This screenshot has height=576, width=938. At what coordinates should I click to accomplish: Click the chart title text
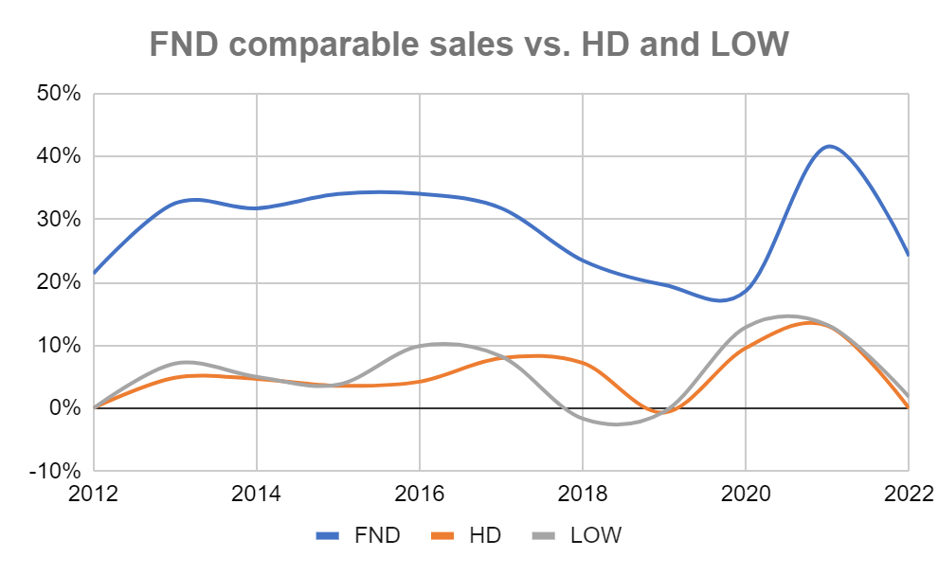(x=469, y=42)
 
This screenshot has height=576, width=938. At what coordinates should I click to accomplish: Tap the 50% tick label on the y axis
(x=60, y=94)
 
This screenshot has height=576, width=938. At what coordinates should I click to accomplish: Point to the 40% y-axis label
(x=60, y=156)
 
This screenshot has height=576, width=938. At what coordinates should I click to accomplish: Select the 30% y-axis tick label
(x=60, y=219)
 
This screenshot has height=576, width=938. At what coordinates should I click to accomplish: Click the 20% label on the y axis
(x=60, y=282)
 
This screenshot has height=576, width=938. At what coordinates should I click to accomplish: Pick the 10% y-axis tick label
(x=60, y=345)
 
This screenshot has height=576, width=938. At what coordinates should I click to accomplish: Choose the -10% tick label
(x=57, y=471)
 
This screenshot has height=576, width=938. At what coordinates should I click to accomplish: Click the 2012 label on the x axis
(x=95, y=494)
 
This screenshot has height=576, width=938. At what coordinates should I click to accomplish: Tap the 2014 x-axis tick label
(x=257, y=494)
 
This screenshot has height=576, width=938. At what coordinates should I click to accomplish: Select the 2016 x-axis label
(x=420, y=494)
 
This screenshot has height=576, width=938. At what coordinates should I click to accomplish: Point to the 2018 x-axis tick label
(x=583, y=494)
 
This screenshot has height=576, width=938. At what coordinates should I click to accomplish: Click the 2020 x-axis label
(x=746, y=494)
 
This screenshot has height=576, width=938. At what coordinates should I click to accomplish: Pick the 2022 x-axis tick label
(x=908, y=494)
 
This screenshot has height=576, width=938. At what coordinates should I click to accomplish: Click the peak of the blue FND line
(x=829, y=146)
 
